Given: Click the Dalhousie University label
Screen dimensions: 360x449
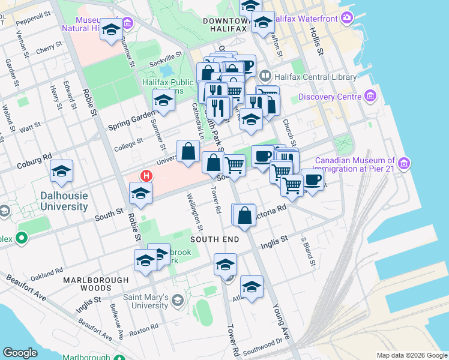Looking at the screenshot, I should coord(65,201).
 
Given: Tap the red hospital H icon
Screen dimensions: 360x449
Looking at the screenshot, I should coord(145,176).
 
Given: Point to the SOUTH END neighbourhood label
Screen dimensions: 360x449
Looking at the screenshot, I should coord(215,239).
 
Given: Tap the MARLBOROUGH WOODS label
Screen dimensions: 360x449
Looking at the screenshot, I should coord(95,284).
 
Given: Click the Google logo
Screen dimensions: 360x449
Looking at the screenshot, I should coord(20,353).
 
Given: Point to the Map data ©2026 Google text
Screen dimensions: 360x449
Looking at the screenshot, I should coord(411,355).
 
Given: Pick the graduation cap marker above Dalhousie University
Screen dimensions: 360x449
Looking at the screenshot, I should coord(61,172).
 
